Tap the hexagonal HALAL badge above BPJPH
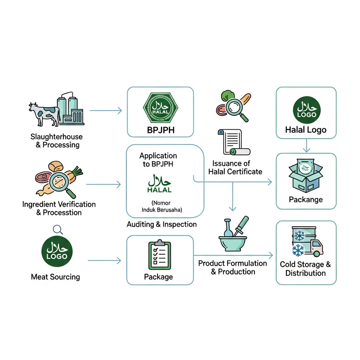[x=160, y=108]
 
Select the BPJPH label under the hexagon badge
[x=161, y=130]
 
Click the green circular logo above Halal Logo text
[x=307, y=110]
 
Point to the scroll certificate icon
[x=234, y=142]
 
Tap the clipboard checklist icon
[x=160, y=255]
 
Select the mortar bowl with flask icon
[x=233, y=234]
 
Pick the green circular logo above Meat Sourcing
[x=57, y=251]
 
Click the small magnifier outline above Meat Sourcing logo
[x=58, y=229]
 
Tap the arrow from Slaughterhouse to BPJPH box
[x=105, y=111]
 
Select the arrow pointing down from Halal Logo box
[x=307, y=146]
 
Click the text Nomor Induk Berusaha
[x=162, y=206]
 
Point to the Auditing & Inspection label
[x=162, y=224]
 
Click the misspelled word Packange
[x=306, y=200]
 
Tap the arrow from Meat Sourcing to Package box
[x=104, y=261]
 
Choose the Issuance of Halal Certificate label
[x=235, y=168]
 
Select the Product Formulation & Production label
[x=233, y=268]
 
